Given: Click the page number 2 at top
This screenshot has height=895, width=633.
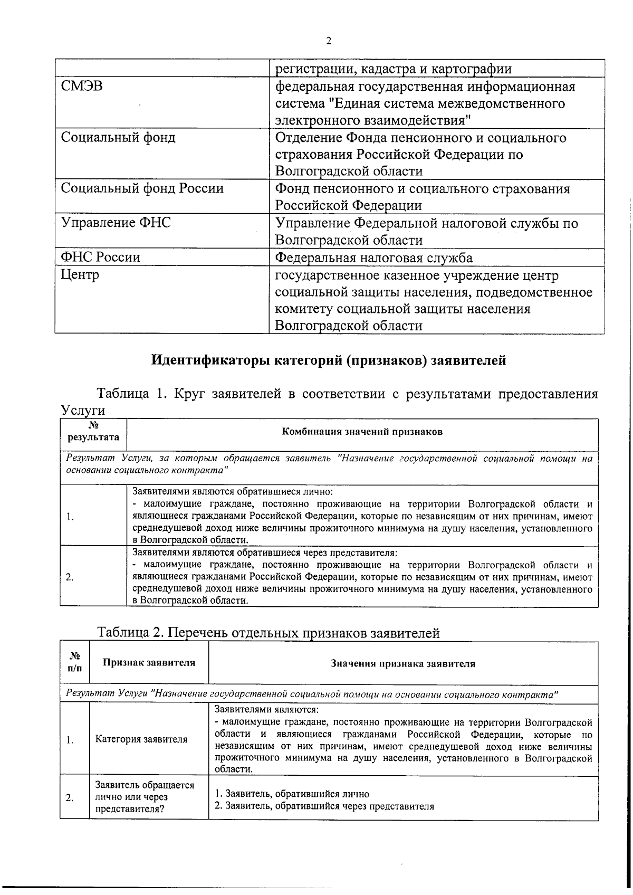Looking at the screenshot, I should [329, 41].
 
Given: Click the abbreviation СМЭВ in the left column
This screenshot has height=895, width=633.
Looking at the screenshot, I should [82, 86].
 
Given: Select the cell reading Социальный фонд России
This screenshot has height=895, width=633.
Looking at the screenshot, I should [142, 188].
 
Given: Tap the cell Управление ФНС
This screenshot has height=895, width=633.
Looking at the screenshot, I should [116, 223].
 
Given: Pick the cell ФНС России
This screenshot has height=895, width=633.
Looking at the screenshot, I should [100, 258].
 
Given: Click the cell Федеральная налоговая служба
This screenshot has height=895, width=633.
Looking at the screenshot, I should [374, 258].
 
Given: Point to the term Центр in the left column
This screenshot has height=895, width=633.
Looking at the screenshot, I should [80, 275].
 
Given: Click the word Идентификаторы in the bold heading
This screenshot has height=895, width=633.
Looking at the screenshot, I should [211, 360].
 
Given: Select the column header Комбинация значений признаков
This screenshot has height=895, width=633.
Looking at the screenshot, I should [362, 432].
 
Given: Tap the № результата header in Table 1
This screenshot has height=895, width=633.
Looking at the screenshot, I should [93, 432].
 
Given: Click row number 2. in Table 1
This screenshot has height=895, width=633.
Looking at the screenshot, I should [69, 577].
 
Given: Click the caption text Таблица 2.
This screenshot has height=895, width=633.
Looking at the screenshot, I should [130, 633].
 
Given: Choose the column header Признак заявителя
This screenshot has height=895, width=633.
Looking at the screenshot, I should [149, 663].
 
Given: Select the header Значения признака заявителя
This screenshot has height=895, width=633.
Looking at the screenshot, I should [403, 664].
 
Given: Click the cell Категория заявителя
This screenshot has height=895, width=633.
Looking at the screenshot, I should [141, 740].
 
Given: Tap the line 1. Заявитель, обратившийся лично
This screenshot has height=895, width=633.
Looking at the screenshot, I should [292, 794].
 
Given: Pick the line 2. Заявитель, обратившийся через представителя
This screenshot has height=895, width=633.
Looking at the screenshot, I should [324, 806].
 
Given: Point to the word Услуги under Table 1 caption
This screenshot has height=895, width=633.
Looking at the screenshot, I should [83, 410].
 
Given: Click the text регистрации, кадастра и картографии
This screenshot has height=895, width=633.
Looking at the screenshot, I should [394, 69].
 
